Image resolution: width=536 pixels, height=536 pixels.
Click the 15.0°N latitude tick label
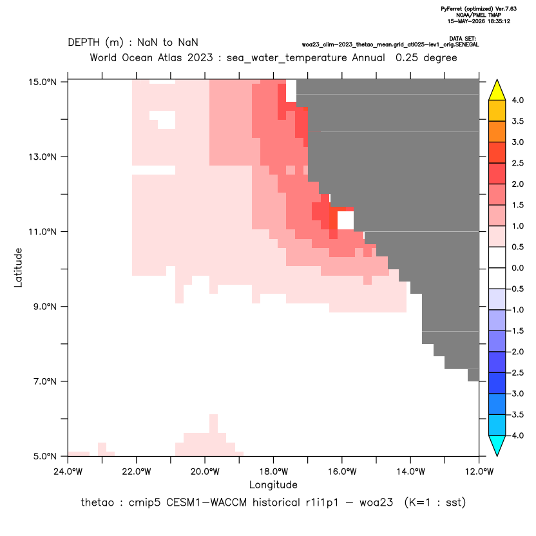(x=43, y=82)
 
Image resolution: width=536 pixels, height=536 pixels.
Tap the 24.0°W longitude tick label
(x=68, y=472)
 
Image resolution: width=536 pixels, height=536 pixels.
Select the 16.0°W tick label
(x=342, y=472)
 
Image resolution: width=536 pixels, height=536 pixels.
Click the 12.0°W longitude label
(x=479, y=472)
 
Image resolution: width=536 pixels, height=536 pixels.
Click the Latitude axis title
(x=18, y=267)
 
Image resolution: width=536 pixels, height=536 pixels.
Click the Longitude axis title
(x=273, y=484)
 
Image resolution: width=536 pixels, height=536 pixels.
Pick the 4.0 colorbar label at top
(x=517, y=100)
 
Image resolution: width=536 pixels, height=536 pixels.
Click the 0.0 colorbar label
(x=517, y=268)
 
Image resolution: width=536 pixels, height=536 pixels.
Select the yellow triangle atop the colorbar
(x=497, y=90)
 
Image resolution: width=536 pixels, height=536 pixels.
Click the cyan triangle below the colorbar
(x=497, y=446)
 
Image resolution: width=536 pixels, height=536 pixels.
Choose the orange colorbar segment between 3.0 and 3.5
(x=497, y=131)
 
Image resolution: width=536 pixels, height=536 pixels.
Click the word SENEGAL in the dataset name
(x=467, y=45)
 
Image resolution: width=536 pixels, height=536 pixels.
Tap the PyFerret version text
(x=479, y=9)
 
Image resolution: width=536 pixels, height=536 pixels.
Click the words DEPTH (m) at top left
(x=95, y=43)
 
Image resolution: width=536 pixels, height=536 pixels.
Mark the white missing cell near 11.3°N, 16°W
(x=345, y=220)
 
